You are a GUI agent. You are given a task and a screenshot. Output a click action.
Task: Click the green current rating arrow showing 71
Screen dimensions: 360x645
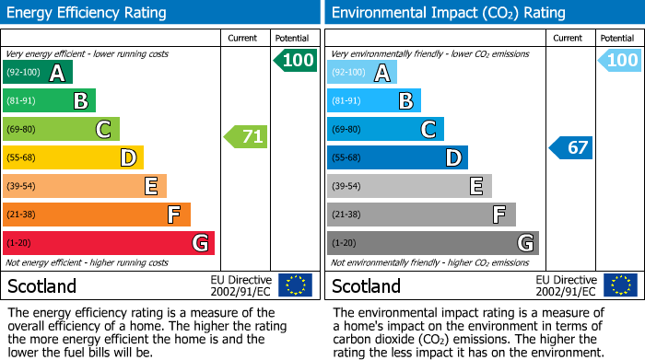point(247,137)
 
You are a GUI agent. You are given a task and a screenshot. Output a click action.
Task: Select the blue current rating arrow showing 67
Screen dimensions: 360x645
point(571,147)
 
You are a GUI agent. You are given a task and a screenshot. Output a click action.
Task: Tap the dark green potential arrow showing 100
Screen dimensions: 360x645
point(296,61)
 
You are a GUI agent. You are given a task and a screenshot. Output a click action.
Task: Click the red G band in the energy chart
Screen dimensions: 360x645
point(109,243)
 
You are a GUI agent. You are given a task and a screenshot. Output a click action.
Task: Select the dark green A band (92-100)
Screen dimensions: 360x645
point(38,73)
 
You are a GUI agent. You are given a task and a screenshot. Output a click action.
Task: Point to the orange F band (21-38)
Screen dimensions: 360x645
point(97,215)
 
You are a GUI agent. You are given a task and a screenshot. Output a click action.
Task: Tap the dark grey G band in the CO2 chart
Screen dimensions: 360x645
point(432,243)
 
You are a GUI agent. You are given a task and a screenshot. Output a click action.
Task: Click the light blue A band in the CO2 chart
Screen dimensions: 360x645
point(362,73)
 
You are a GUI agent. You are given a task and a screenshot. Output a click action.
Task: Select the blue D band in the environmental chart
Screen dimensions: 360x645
point(397,157)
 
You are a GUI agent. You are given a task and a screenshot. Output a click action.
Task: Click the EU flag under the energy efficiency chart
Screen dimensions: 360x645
point(295,285)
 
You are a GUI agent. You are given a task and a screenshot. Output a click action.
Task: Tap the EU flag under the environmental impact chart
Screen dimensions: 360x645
point(620,285)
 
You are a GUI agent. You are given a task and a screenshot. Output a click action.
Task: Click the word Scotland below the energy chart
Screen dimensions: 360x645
point(42,285)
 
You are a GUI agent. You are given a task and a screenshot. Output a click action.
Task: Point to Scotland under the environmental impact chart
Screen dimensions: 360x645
point(367,285)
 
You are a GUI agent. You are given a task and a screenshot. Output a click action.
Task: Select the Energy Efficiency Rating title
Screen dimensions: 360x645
point(87,13)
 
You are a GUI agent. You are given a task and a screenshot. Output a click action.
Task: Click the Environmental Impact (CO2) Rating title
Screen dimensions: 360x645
point(448,13)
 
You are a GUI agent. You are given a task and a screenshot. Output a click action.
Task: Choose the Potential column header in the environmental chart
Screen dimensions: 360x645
point(617,38)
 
